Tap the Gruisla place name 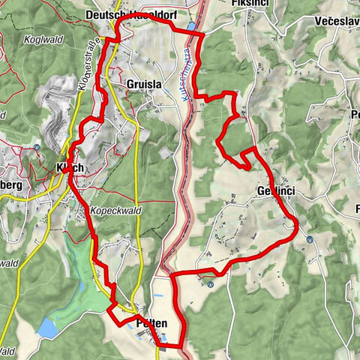pos(144,85)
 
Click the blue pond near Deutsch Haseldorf pos(192,26)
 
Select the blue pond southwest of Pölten pos(46,327)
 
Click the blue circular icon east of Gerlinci pos(310,240)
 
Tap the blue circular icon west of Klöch pos(37,147)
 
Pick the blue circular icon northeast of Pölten pos(211,283)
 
